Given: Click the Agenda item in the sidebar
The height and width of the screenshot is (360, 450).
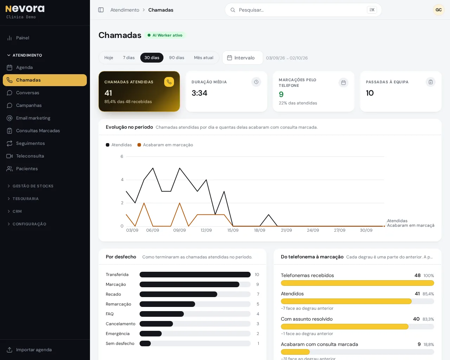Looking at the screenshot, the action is pos(24,67).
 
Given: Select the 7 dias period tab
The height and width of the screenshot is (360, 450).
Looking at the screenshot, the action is pos(129,58).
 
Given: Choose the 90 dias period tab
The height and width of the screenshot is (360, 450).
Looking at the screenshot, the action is pos(176,58).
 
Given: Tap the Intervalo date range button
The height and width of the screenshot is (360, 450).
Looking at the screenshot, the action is pos(242,58).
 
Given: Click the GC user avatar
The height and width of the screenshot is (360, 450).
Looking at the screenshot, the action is pos(438,10).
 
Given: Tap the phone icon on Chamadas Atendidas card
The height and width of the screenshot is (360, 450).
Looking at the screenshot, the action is pos(169,82).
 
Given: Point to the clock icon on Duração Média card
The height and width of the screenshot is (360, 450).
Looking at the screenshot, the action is pos(256,82).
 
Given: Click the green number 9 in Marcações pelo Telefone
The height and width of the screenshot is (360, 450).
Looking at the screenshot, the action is pos(281,95).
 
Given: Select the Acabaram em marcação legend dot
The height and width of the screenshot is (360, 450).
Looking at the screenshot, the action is pos(139,145).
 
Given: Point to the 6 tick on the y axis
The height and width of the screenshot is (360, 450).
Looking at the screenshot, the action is pos(122,156).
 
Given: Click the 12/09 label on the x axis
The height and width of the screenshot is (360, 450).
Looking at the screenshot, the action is pos(206,230).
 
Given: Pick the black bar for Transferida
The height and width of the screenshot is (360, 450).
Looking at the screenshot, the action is pos(195,275).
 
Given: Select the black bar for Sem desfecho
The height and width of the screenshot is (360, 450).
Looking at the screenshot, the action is pos(145,343).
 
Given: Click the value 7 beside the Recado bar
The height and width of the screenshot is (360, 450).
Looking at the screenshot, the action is pos(258,294).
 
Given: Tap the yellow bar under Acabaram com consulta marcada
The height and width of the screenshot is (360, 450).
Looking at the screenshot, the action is pos(295,352).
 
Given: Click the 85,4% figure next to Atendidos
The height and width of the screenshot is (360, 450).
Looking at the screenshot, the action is pos(428,294).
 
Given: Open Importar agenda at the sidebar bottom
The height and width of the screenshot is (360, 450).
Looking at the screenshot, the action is pos(34,350).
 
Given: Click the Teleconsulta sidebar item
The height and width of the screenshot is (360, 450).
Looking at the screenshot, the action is pos(30,156).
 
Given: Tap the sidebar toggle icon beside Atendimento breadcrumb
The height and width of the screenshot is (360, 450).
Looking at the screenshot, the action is pos(101,10).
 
